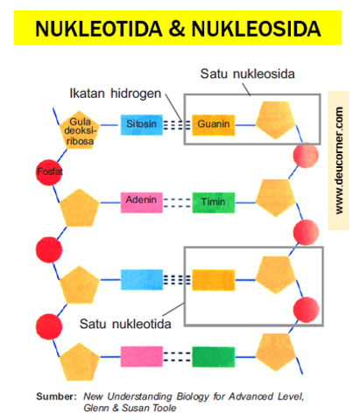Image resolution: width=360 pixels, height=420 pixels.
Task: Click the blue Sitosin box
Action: click(x=143, y=125)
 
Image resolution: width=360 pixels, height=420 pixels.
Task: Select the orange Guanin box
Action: click(x=214, y=125)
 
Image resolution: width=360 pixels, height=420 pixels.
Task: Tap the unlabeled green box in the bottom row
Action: click(x=214, y=357)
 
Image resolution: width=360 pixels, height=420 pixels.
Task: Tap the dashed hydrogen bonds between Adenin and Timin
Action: click(x=177, y=202)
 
